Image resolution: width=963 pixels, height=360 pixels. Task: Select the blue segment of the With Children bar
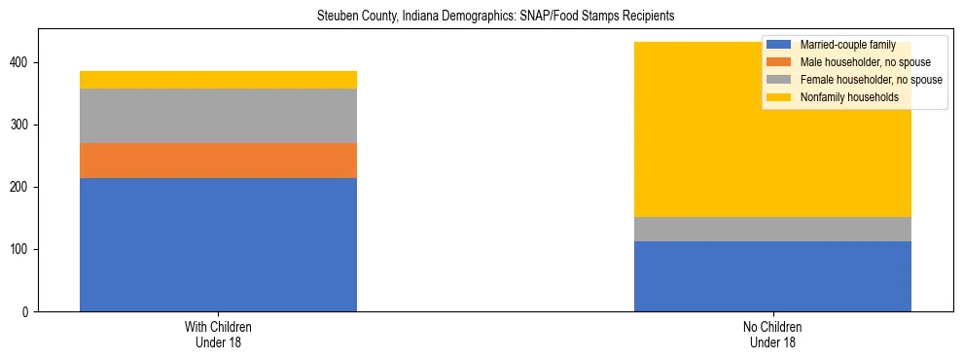pos(218,244)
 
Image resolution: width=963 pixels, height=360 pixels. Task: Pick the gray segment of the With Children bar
pos(218,116)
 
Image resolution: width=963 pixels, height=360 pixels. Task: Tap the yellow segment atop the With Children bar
pos(218,80)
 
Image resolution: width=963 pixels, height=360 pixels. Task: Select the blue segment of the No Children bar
pos(772,276)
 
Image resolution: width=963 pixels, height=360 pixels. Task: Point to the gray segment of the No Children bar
pos(772,229)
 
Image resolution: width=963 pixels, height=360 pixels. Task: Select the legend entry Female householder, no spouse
pos(871,80)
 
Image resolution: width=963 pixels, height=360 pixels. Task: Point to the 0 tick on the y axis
pos(29,312)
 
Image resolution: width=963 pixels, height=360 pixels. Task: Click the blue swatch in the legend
pos(779,45)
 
